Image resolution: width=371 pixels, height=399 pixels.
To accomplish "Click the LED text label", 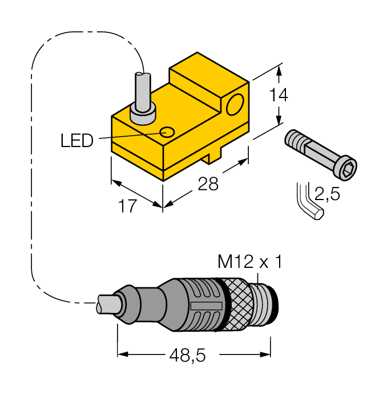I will coord(77,140).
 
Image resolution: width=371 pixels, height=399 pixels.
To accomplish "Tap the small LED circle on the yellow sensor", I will coord(167,132).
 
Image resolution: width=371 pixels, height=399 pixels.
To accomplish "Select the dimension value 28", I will coord(208,184).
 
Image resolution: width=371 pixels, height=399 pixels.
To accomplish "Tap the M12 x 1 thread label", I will coord(250,262).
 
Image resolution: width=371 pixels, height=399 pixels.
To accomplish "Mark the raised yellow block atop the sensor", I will coord(205,77).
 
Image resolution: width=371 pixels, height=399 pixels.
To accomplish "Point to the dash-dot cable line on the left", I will coord(31,171).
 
